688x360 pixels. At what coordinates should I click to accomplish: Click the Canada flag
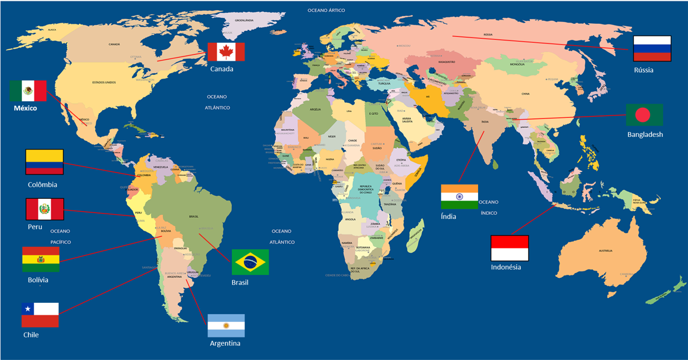point(226,52)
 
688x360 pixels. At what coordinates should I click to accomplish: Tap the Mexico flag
point(28,91)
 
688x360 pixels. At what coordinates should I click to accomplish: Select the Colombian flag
point(44,162)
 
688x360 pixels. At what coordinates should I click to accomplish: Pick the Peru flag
point(45,209)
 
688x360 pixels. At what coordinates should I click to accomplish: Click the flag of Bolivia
point(40,259)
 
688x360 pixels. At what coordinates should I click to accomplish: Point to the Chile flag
point(40,315)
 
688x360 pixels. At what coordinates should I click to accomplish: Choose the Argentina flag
point(226,325)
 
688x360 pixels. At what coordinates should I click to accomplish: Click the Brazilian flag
point(250,262)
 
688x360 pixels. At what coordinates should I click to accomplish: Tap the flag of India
point(459,197)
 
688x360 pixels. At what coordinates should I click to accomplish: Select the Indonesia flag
point(510,248)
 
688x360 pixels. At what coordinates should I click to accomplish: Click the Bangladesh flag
point(645,115)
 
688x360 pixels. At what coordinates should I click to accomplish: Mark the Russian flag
point(652,49)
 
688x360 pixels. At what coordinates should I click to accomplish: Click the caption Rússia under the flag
point(643,70)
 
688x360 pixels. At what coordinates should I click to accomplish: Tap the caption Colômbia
point(42,184)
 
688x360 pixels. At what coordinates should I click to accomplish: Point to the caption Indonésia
point(506,267)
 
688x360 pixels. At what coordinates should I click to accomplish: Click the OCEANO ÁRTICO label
point(326,10)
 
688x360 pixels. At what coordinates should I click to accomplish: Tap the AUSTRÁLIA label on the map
point(605,251)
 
